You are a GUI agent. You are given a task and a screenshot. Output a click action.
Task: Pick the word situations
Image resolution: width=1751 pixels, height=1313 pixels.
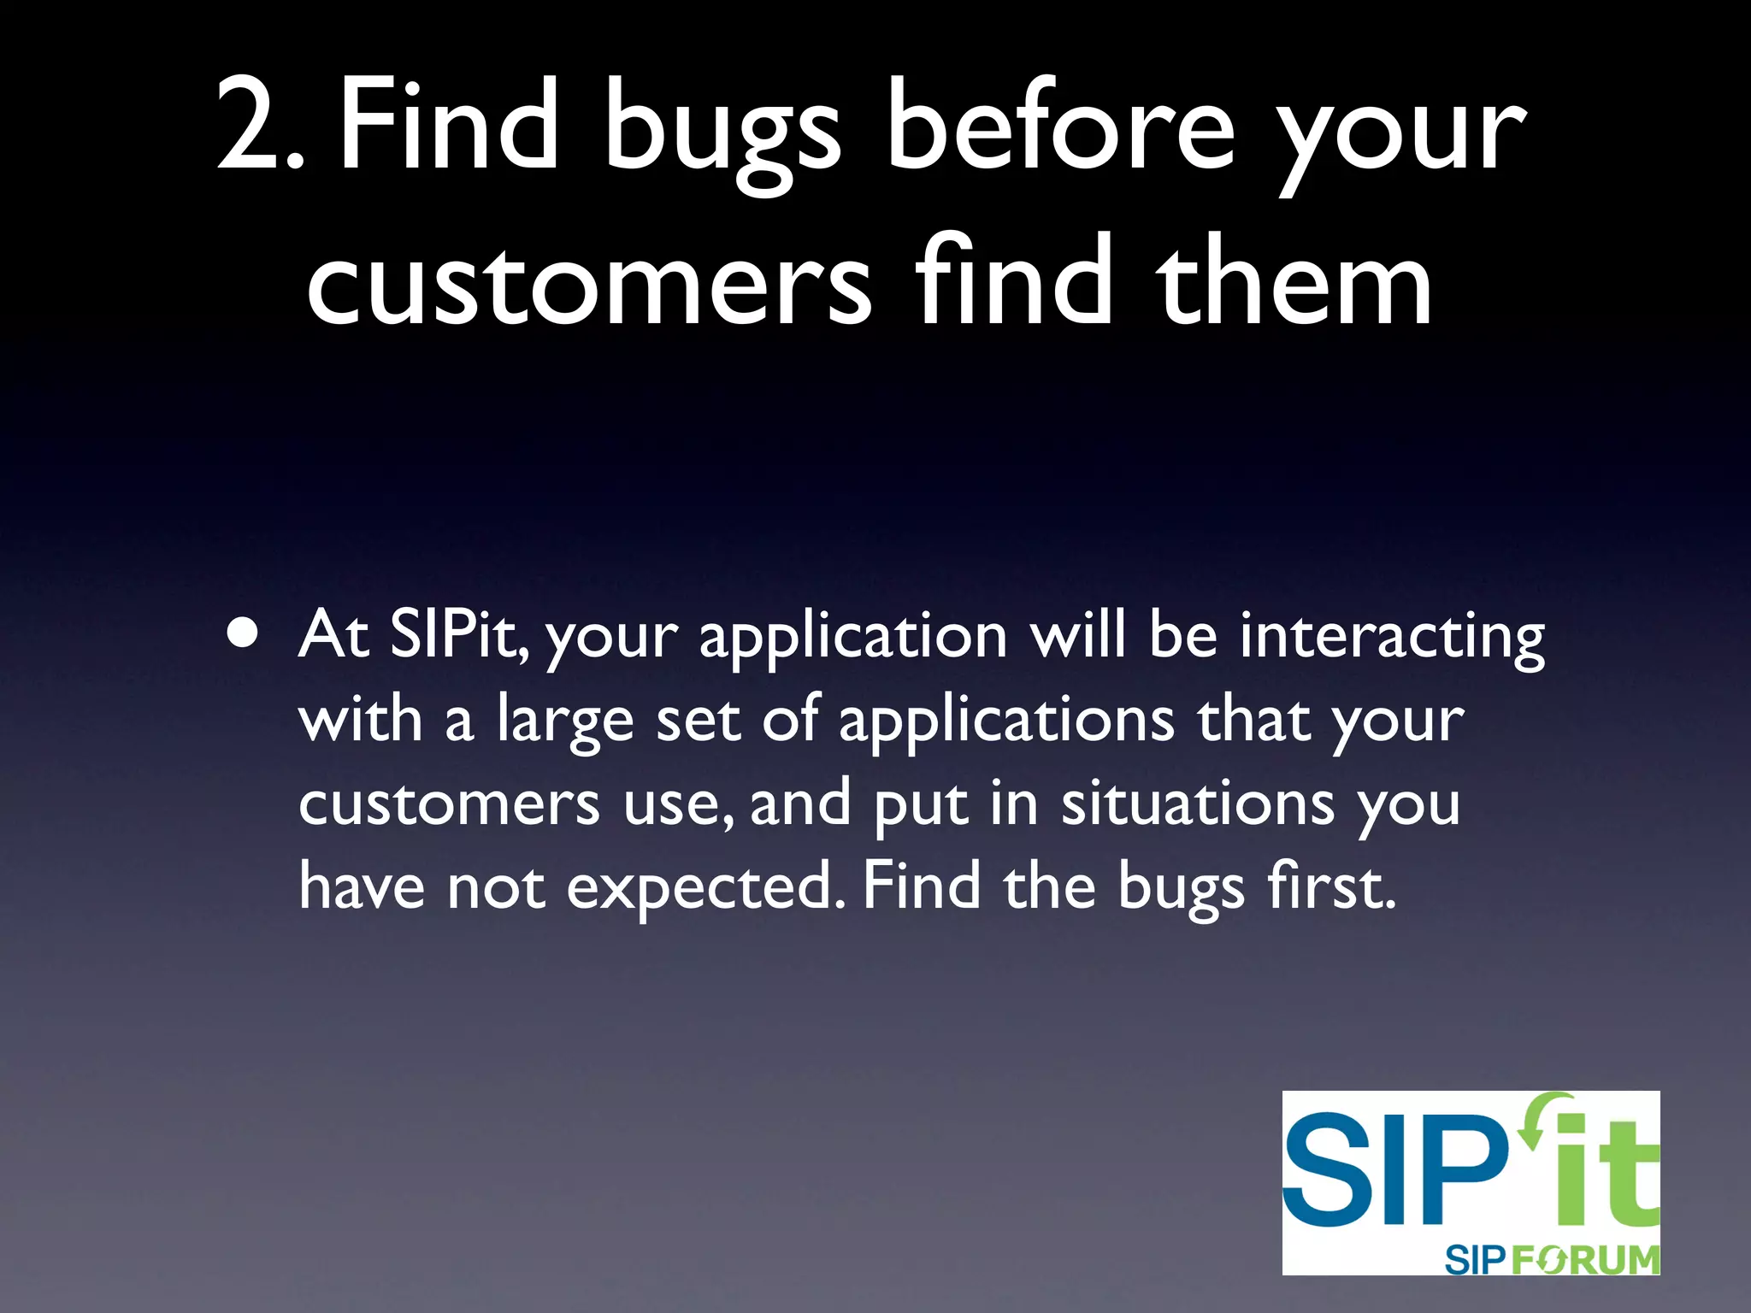[x=1197, y=804]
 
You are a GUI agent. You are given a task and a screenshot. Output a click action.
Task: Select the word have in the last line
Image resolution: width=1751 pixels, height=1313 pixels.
[x=361, y=886]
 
